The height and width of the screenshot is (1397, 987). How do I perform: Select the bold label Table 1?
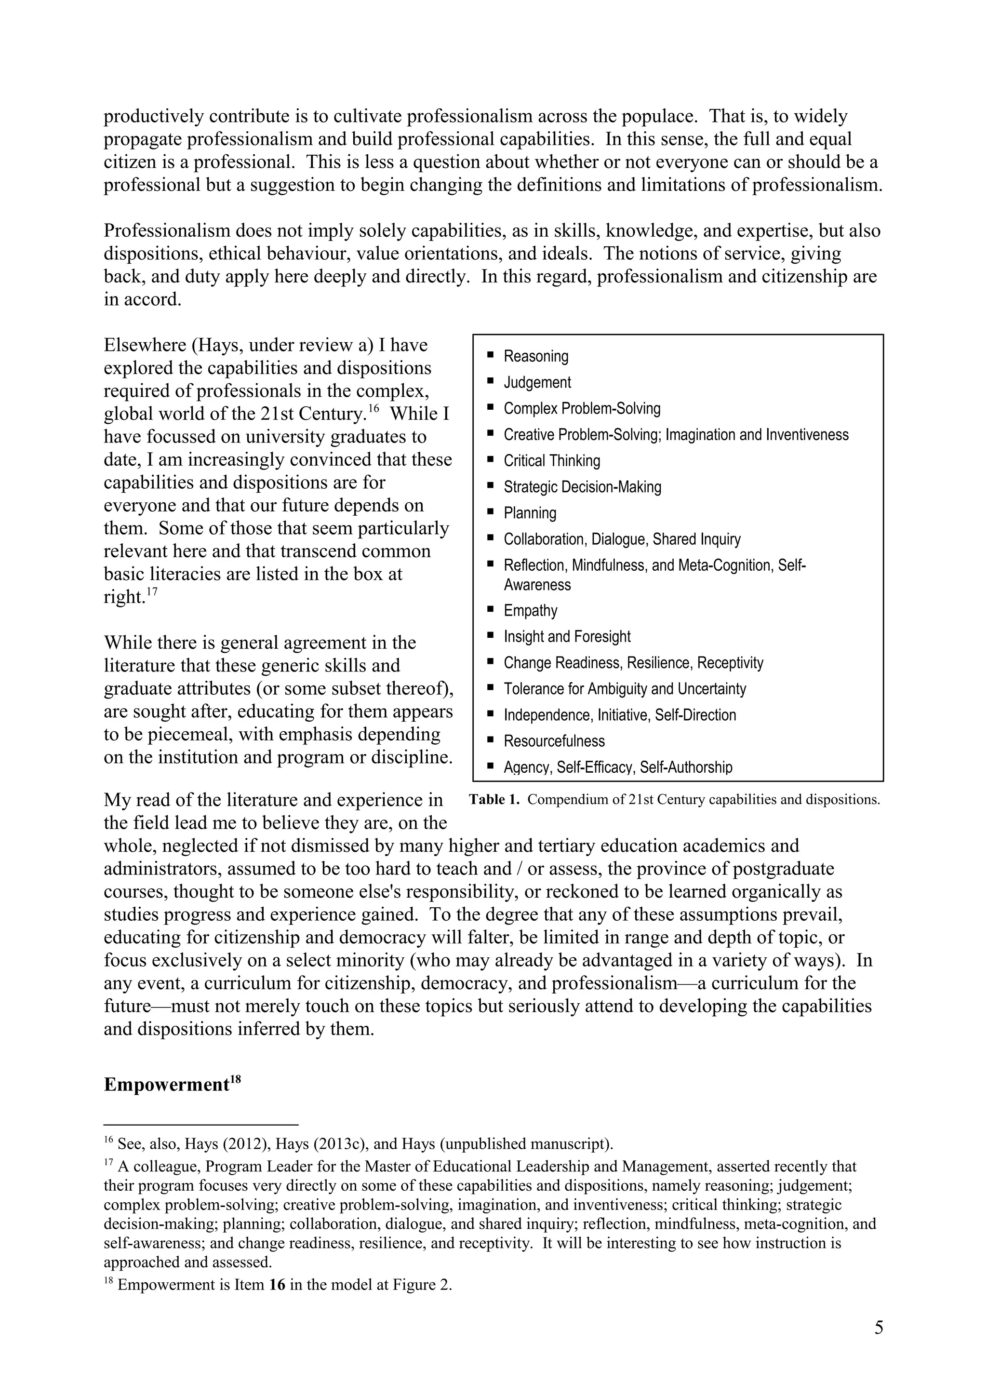[x=494, y=800]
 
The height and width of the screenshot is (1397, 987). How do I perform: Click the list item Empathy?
[x=530, y=610]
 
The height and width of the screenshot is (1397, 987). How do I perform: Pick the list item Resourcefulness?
[x=554, y=741]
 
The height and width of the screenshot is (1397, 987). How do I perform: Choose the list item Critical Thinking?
[x=552, y=460]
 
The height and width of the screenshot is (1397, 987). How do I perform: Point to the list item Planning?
[x=530, y=513]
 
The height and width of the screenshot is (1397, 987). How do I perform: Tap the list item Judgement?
[x=537, y=382]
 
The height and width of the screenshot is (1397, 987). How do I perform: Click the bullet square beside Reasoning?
[x=491, y=354]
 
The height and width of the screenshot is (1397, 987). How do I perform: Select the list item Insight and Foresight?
[x=567, y=636]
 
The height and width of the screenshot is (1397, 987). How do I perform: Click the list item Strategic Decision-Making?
[x=582, y=487]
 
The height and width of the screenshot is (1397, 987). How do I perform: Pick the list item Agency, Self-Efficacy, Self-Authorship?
[x=617, y=767]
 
